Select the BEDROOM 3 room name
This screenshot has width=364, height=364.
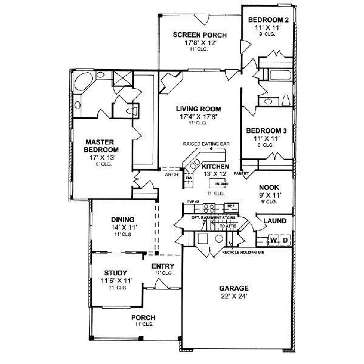pyautogui.click(x=267, y=130)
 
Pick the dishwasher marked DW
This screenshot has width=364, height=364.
pyautogui.click(x=188, y=178)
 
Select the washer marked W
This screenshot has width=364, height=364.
pyautogui.click(x=274, y=241)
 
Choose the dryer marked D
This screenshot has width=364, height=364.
pyautogui.click(x=285, y=241)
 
